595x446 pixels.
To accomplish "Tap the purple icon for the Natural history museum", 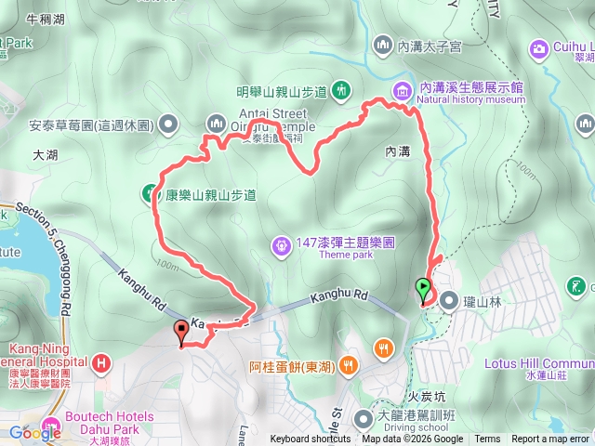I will (402, 90).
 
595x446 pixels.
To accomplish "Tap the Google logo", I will (35, 433).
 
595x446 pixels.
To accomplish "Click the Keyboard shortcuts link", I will (311, 439).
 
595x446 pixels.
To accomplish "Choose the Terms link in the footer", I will (487, 439).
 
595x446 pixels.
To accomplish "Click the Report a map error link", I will (550, 439).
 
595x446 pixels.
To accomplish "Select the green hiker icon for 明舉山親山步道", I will (343, 90).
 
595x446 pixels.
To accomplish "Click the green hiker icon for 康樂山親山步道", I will (149, 194).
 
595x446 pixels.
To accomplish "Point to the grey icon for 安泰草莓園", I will (168, 124).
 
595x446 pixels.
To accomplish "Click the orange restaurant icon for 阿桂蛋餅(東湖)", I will (349, 364).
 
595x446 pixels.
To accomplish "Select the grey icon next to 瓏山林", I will (449, 300).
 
